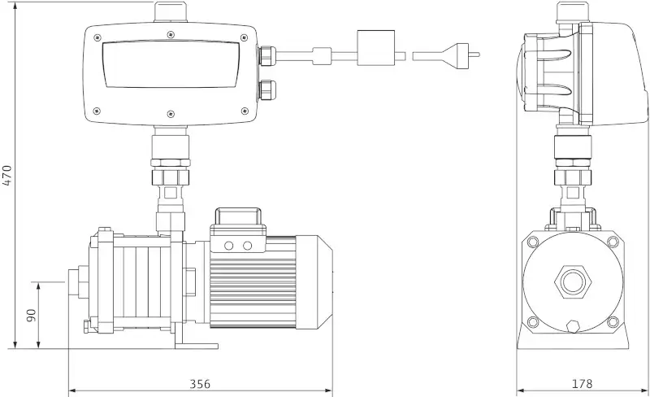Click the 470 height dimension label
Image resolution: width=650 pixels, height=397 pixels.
(8, 175)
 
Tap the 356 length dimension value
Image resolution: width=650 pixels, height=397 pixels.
(200, 384)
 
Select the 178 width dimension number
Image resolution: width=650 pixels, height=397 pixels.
(582, 384)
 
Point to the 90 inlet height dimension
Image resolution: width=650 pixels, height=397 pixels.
(32, 315)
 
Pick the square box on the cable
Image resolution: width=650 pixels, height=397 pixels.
(376, 48)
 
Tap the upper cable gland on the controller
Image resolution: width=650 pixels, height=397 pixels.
(267, 55)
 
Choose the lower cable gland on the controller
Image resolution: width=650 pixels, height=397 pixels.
(267, 90)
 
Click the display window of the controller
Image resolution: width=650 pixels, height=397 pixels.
(171, 64)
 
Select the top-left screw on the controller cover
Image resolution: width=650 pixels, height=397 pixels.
(97, 37)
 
